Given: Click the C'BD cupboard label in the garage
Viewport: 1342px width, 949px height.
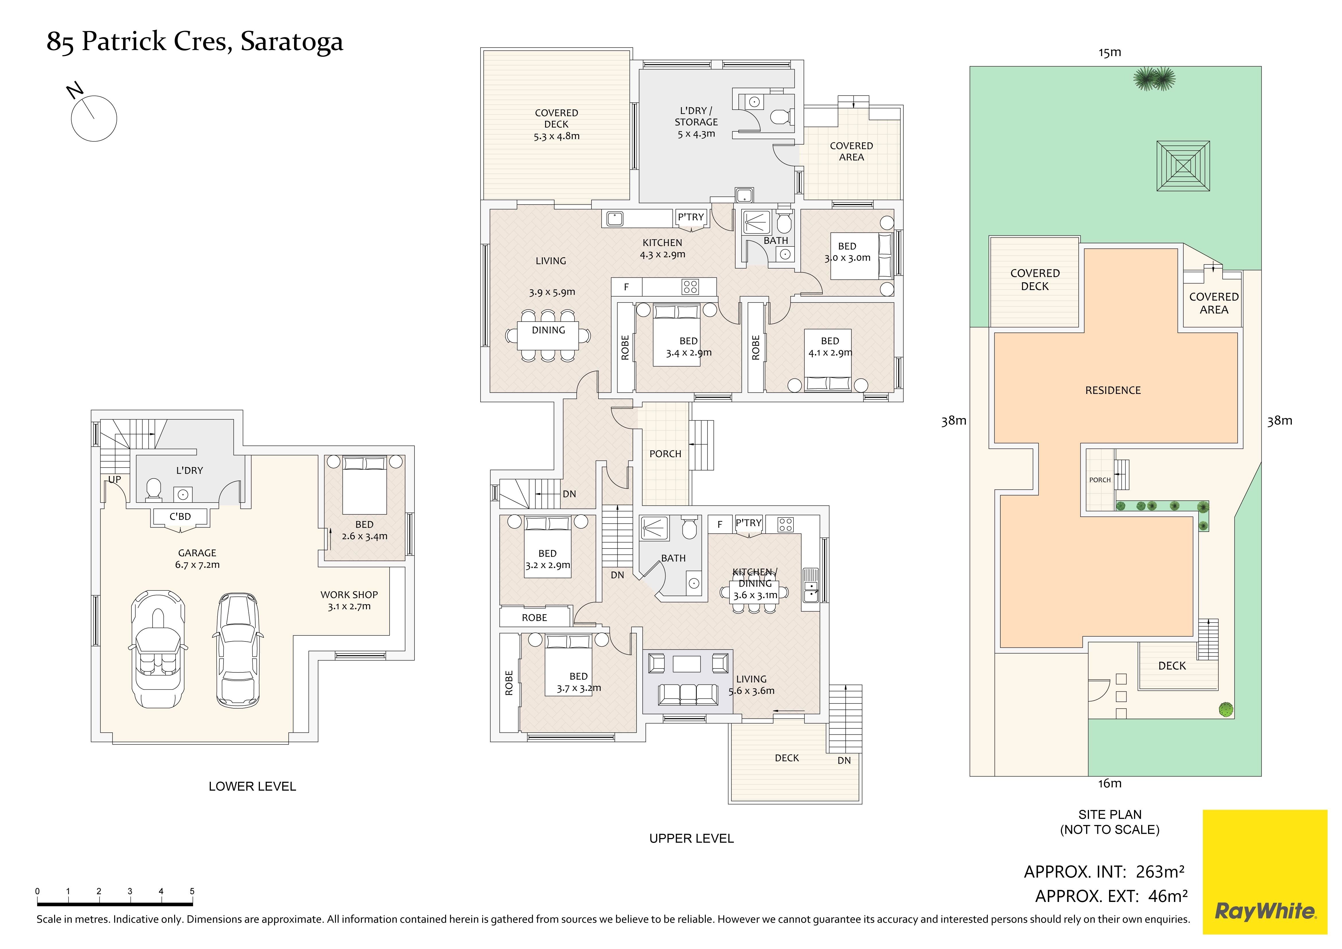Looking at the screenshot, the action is (180, 517).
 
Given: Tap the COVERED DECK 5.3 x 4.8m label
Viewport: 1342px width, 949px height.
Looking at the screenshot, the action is (557, 125).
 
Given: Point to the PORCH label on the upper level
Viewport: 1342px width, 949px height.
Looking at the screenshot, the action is (665, 454).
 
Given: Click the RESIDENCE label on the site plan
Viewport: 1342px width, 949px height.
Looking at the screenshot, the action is (1113, 390).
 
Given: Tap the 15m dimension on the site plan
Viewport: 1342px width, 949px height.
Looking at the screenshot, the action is (1109, 52).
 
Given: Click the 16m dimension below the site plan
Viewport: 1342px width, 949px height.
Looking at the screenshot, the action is (1109, 784).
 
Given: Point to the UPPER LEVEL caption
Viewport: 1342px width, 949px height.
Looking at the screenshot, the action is (691, 839).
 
